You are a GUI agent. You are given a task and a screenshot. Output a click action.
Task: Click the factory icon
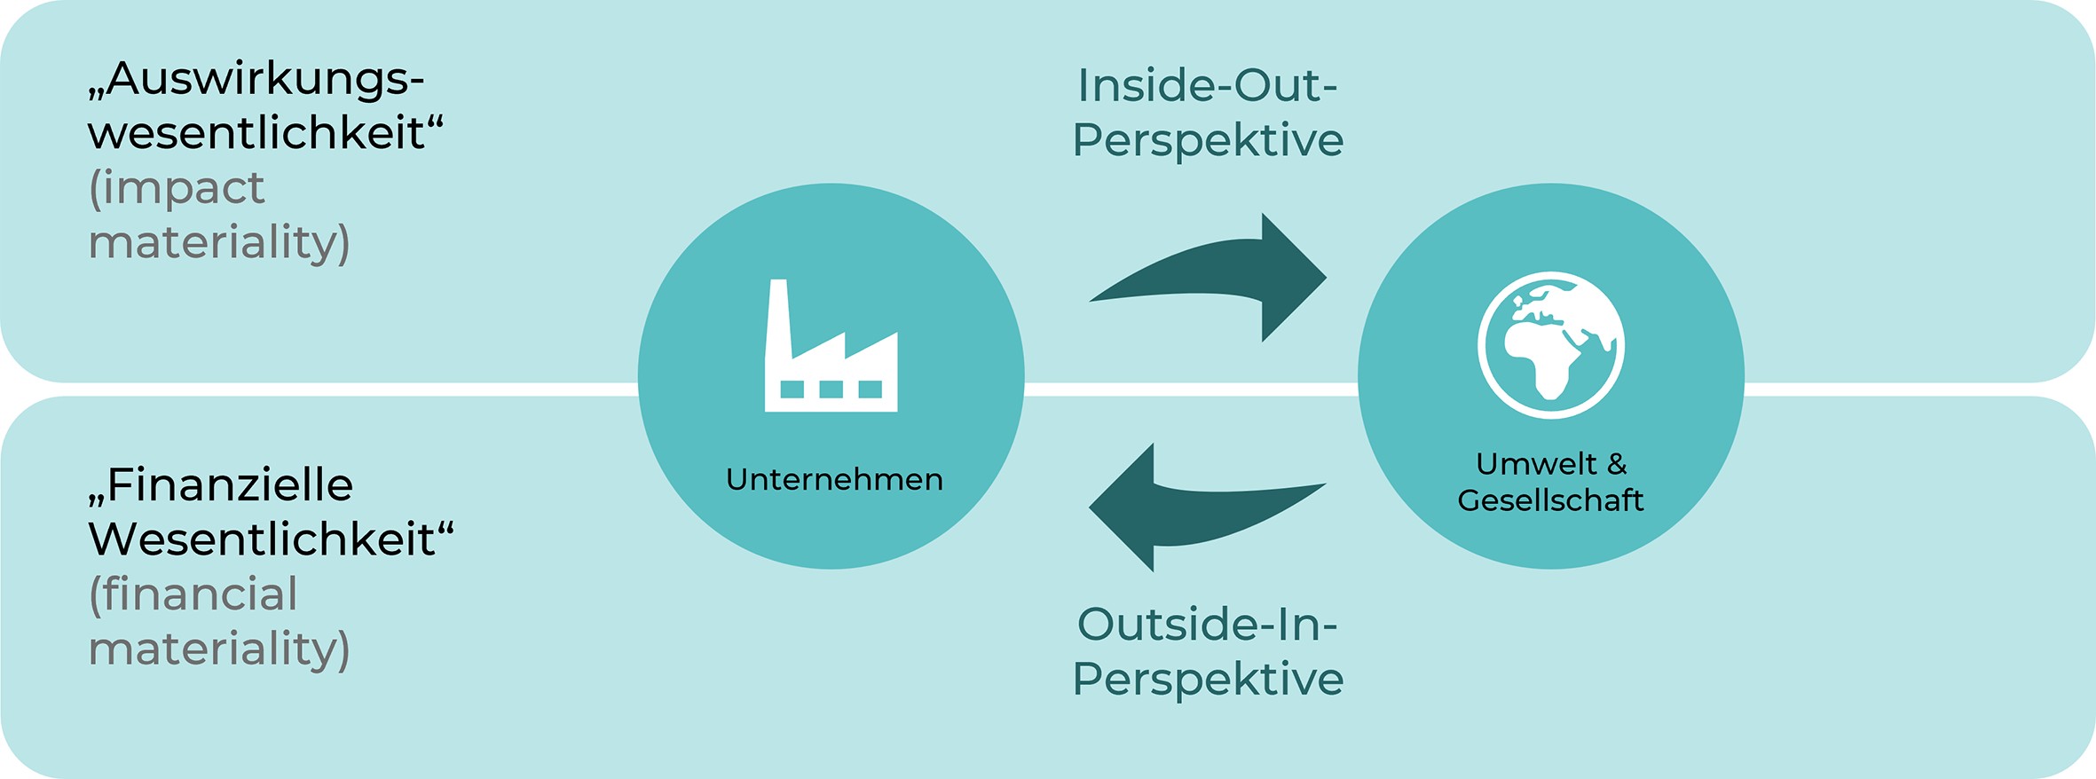point(831,355)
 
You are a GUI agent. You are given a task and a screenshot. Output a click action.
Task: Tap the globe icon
point(1550,344)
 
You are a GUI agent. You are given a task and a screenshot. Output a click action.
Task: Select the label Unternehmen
point(834,479)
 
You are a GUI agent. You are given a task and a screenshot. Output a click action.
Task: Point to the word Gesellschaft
point(1550,500)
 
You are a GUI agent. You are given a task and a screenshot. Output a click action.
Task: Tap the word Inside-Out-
point(1207,85)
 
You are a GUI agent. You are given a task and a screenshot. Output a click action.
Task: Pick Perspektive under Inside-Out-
point(1208,140)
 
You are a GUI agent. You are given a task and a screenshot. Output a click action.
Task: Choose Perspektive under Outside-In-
point(1208,679)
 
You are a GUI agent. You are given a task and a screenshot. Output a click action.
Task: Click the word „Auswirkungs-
point(256,79)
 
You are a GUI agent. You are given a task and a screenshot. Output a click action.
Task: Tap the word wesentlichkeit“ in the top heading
point(265,133)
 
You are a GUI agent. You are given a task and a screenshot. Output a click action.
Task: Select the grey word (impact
point(177,187)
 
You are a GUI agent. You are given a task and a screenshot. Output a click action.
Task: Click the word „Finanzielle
point(221,485)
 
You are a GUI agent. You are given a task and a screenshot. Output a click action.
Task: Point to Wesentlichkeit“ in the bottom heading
point(271,539)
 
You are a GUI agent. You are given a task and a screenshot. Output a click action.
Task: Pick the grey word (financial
point(193,594)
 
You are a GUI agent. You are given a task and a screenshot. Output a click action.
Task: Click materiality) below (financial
point(219,649)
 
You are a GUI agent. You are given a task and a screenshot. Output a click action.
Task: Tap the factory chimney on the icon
point(778,315)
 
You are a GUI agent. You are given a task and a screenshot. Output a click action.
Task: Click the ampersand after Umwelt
point(1616,463)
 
